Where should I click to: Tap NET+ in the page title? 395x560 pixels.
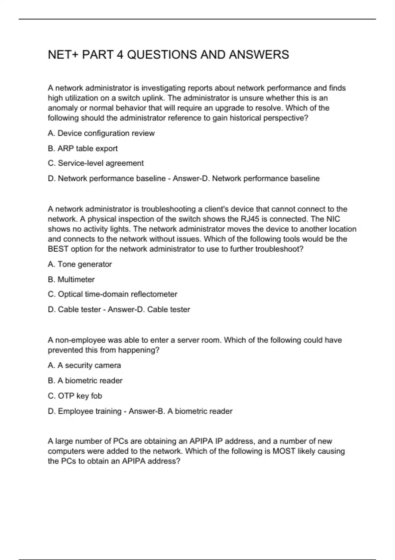point(64,55)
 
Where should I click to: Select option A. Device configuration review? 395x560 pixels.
point(101,133)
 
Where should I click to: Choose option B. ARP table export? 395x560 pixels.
point(83,149)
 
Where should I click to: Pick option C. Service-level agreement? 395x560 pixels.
point(96,163)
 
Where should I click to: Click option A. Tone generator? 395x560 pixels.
point(80,264)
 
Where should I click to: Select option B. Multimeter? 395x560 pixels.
point(71,279)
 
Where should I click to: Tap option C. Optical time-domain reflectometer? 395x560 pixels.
point(113,294)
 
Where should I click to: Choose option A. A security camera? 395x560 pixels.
point(84,365)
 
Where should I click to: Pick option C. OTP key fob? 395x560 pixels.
point(75,396)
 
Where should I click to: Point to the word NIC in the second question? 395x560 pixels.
point(333,219)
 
